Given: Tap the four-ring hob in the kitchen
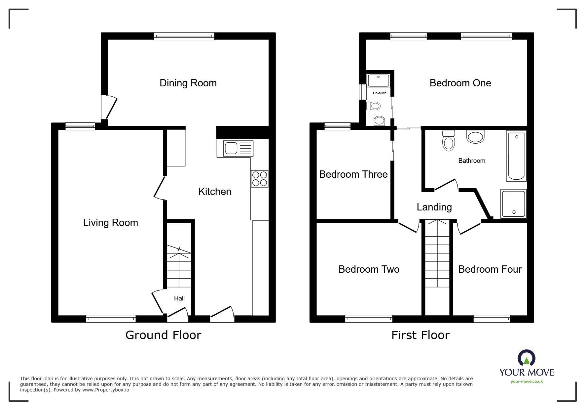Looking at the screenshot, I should coord(259,179).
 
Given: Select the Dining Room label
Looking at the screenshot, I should coord(188,83).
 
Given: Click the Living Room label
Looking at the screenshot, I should coord(110,223).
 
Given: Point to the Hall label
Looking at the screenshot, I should coord(179,298).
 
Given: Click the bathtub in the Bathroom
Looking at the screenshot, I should coord(516,156).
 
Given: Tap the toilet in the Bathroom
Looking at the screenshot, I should coord(448,140).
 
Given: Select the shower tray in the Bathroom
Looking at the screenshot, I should coord(513,204).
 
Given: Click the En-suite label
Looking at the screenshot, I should coord(380,93).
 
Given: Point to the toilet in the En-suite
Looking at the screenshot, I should coord(374,106).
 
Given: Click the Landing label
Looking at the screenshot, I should coord(434,207).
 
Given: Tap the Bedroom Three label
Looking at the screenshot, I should coord(353,174).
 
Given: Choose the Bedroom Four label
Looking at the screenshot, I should coord(490,269).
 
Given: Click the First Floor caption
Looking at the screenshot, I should coord(420,335).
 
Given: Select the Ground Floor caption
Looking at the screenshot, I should coord(163,335).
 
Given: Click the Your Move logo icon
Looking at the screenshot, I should coord(526,358).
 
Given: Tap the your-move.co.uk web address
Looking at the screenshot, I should coord(527,382).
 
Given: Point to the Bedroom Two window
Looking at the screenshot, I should coord(369,319).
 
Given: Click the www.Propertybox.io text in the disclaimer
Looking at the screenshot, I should coord(106,390).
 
